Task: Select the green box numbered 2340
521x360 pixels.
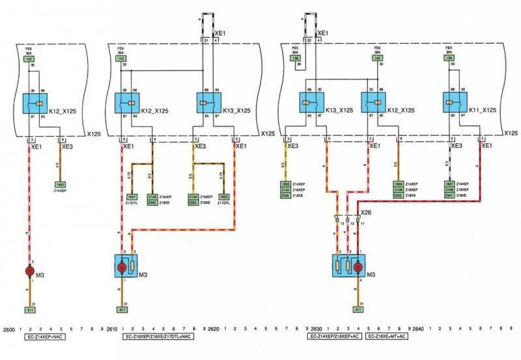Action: pyautogui.click(x=152, y=202)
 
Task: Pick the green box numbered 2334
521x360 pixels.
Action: pyautogui.click(x=193, y=202)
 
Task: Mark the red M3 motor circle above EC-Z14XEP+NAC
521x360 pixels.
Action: pyautogui.click(x=29, y=270)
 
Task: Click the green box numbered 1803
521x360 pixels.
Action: pyautogui.click(x=285, y=184)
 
